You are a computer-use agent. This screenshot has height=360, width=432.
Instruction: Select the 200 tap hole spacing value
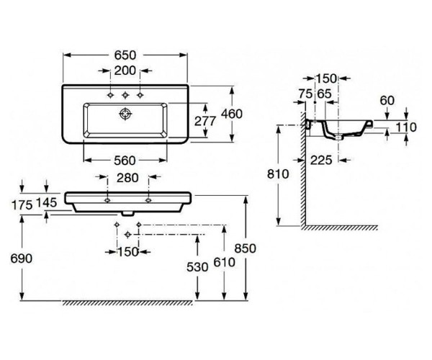point(125,71)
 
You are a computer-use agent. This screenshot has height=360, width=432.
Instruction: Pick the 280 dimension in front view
point(127,178)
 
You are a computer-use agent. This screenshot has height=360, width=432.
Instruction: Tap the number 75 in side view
point(305,93)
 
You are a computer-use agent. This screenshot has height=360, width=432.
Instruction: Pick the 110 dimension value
point(407,127)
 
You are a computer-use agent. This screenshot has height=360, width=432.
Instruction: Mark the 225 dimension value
point(322,161)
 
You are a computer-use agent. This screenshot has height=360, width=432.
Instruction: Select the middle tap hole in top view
point(125,95)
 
